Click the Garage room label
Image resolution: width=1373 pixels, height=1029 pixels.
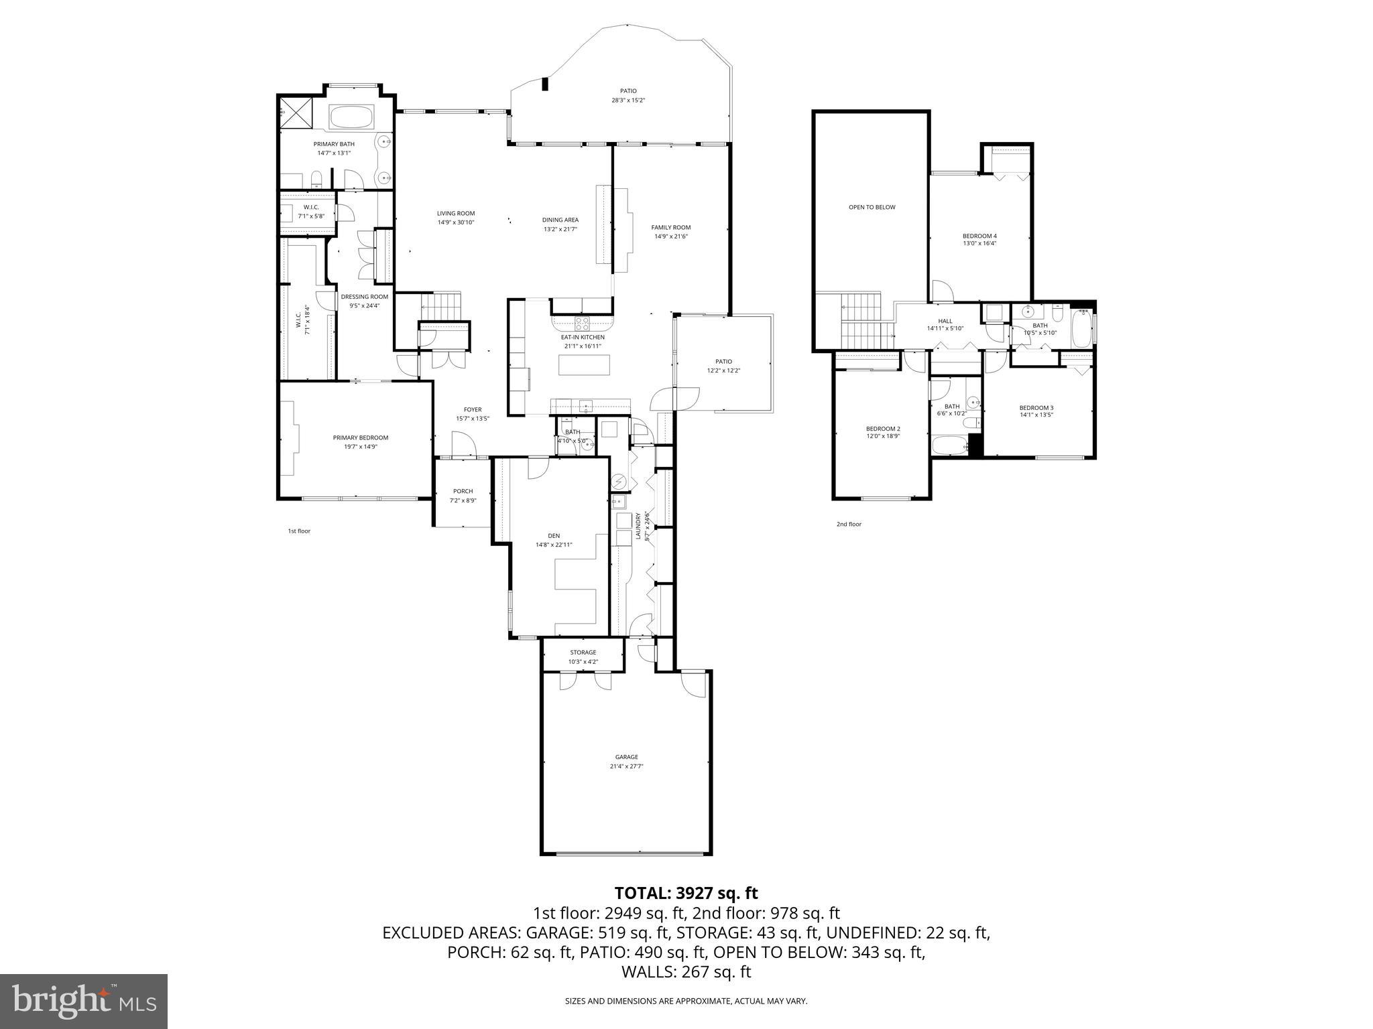pyautogui.click(x=627, y=757)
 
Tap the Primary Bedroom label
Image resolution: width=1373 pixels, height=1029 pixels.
pyautogui.click(x=361, y=437)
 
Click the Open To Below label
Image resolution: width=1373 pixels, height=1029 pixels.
pyautogui.click(x=872, y=207)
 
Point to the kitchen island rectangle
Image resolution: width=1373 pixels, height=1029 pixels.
pyautogui.click(x=585, y=364)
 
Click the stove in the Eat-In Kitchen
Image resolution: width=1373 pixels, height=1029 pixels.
pyautogui.click(x=582, y=322)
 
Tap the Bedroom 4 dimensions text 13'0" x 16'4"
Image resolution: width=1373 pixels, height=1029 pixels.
pyautogui.click(x=979, y=244)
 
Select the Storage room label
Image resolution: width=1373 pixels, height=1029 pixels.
pyautogui.click(x=583, y=653)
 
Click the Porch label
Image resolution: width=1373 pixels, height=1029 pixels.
pyautogui.click(x=463, y=491)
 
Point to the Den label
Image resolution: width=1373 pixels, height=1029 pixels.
pyautogui.click(x=554, y=535)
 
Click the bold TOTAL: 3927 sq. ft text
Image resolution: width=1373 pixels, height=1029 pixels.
pyautogui.click(x=686, y=893)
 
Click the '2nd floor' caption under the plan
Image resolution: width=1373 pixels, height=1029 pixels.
pyautogui.click(x=849, y=524)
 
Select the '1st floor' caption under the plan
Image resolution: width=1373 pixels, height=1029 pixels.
pyautogui.click(x=299, y=531)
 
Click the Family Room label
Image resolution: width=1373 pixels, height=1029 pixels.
pyautogui.click(x=671, y=227)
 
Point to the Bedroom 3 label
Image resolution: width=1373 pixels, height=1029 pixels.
pyautogui.click(x=1036, y=407)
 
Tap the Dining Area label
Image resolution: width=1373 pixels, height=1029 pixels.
pyautogui.click(x=560, y=220)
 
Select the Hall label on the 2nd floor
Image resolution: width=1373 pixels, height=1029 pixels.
pyautogui.click(x=945, y=321)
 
